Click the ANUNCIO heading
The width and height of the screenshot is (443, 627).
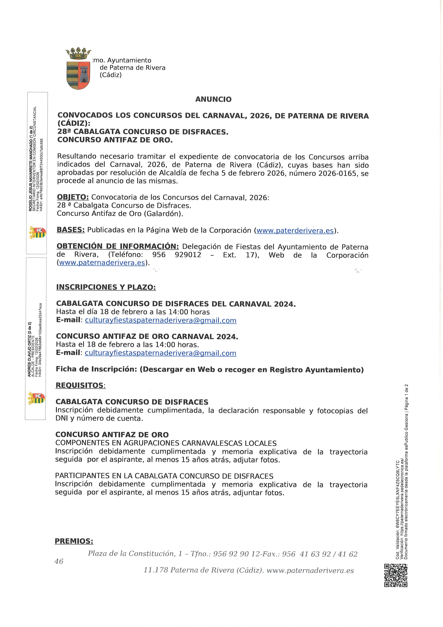(213, 99)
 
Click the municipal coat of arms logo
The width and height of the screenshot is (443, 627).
(78, 69)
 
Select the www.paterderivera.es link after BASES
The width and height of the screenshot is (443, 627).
(295, 231)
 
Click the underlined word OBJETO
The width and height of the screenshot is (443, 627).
(73, 197)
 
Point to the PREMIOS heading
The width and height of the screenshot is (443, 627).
(74, 541)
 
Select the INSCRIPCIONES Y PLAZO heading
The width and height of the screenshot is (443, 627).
(106, 287)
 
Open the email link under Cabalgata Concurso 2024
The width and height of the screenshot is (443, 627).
(161, 320)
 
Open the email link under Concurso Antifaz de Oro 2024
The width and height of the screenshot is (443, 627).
(160, 353)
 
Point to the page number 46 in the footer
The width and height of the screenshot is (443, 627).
(59, 561)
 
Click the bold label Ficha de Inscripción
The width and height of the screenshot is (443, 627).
(96, 369)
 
